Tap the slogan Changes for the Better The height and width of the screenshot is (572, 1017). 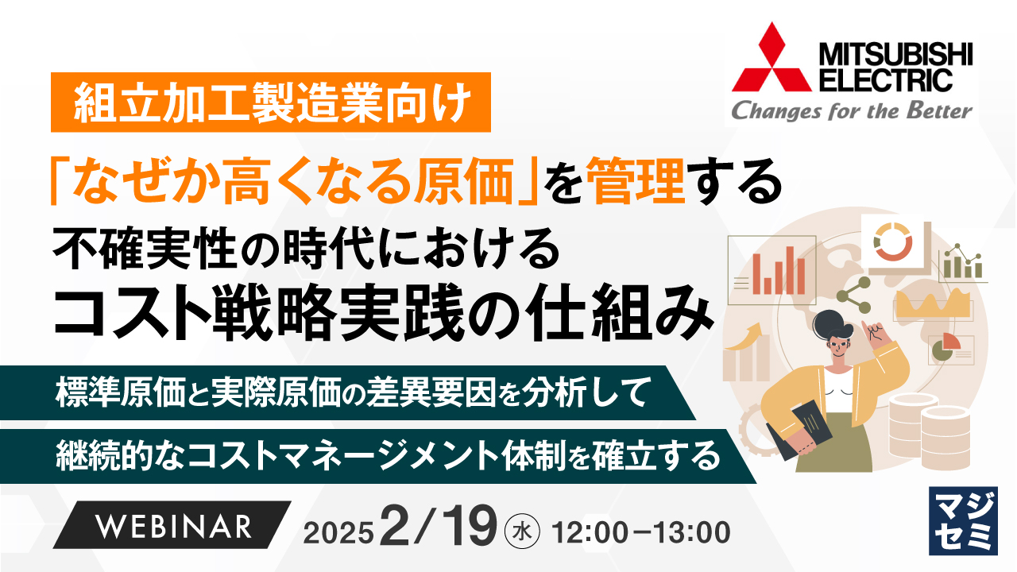coord(851,110)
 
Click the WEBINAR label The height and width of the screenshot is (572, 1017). coord(174,526)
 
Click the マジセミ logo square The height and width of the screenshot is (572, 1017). coord(962,520)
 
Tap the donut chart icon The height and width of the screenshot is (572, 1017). coord(895,241)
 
